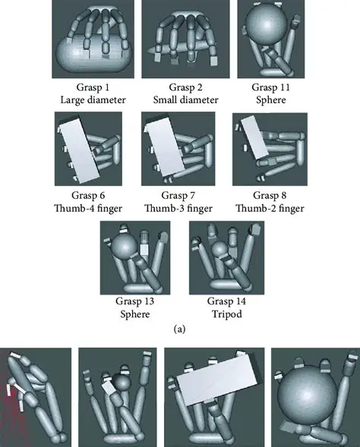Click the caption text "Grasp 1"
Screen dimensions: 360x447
[93, 87]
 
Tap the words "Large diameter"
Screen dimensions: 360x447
[93, 99]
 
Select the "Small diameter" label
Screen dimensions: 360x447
[186, 99]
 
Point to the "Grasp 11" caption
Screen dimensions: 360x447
[270, 87]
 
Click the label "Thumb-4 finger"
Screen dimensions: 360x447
[88, 208]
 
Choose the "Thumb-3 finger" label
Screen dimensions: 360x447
[178, 208]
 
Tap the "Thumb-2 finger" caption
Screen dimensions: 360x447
[270, 208]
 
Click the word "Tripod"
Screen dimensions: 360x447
[227, 314]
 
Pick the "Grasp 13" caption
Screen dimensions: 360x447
[134, 301]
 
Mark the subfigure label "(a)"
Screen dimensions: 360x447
[179, 329]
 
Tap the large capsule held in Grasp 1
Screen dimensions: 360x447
[95, 55]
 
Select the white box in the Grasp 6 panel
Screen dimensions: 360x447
[81, 150]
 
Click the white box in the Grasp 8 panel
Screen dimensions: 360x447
[254, 137]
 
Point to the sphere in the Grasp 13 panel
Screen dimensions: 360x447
[125, 246]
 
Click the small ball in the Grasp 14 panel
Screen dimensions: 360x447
[219, 249]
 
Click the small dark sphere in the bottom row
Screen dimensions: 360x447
[122, 382]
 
